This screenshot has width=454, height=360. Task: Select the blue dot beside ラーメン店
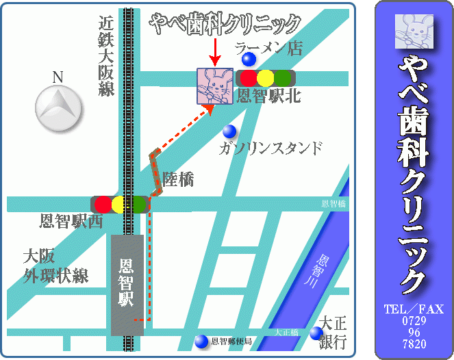click(x=249, y=60)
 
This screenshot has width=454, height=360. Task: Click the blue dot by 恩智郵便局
click(x=201, y=341)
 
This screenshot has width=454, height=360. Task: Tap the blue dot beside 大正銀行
click(x=315, y=333)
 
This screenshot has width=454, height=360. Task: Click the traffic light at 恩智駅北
click(x=265, y=78)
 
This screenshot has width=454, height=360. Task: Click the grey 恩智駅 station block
click(x=127, y=284)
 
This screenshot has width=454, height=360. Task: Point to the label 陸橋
click(x=178, y=179)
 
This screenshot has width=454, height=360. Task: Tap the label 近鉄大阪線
click(x=105, y=57)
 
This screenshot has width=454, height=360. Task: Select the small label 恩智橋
click(x=333, y=204)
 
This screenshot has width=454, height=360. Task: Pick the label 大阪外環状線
click(x=55, y=267)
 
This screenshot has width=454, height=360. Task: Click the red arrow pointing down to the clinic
click(x=214, y=51)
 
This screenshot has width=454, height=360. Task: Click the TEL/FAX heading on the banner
click(x=414, y=308)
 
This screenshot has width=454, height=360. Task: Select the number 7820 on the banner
click(x=414, y=344)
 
